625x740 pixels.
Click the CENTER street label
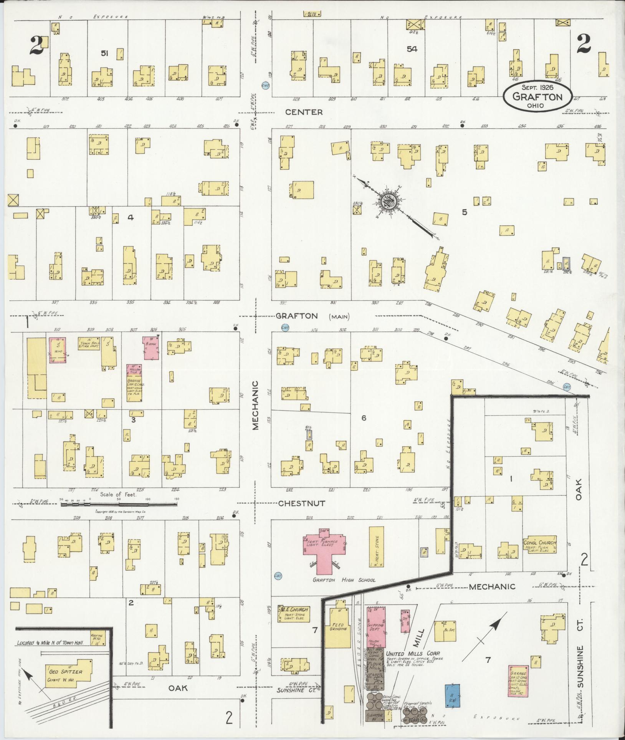(x=304, y=112)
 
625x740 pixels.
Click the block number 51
(x=104, y=53)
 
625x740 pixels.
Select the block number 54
(x=412, y=49)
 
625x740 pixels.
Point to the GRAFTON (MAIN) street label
(x=312, y=316)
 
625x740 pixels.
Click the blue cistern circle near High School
(x=278, y=576)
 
